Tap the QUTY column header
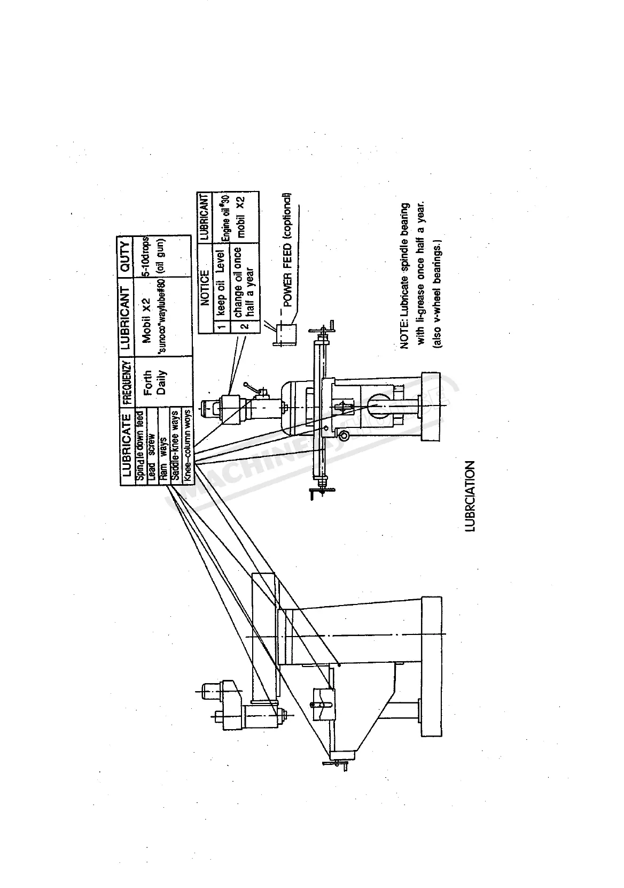(x=126, y=255)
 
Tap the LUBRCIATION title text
(x=470, y=496)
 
